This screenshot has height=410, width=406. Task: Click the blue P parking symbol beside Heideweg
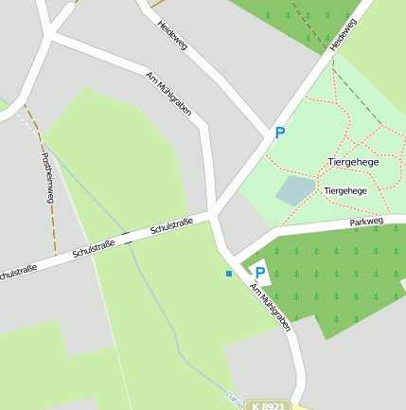tap(279, 134)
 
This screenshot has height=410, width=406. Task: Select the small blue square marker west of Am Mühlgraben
tap(228, 274)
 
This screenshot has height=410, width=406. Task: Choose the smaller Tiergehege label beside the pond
tap(344, 190)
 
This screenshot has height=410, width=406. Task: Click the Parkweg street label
tap(366, 223)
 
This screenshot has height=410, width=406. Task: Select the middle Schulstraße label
tap(94, 248)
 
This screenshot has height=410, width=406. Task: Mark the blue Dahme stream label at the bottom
tap(233, 399)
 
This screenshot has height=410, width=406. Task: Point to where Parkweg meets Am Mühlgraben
tap(235, 258)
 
